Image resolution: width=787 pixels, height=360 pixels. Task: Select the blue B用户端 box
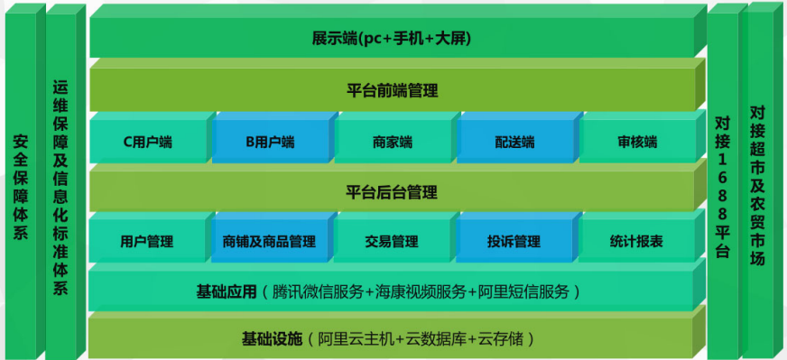[270, 142]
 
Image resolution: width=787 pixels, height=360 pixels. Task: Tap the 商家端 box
[392, 142]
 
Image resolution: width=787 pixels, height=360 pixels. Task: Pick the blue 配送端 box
[514, 142]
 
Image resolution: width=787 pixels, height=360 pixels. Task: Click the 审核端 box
[637, 142]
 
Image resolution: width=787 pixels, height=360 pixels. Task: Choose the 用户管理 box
[147, 241]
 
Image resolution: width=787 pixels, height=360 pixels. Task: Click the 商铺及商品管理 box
[270, 241]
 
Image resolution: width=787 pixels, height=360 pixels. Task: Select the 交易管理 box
[392, 241]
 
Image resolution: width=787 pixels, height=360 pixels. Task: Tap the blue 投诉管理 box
[514, 241]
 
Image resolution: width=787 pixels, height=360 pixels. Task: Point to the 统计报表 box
[637, 241]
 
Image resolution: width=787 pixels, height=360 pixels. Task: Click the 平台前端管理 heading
[392, 90]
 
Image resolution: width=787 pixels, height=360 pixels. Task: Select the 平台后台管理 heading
[392, 191]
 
